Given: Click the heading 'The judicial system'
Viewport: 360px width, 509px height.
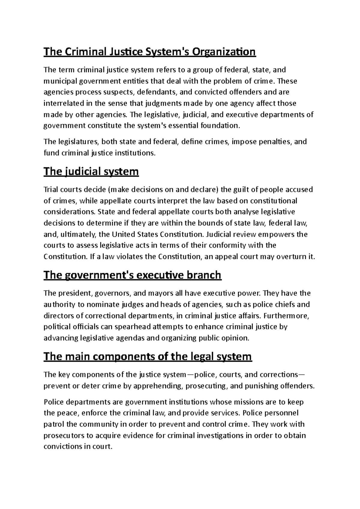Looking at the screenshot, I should point(91,172).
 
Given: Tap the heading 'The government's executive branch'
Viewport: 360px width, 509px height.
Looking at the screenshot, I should point(132,275).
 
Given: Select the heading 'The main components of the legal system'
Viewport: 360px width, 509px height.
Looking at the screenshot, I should point(148,356).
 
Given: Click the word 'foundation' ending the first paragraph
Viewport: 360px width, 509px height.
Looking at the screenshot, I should point(222,126).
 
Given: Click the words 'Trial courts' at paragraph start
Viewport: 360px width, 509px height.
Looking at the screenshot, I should point(59,189).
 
